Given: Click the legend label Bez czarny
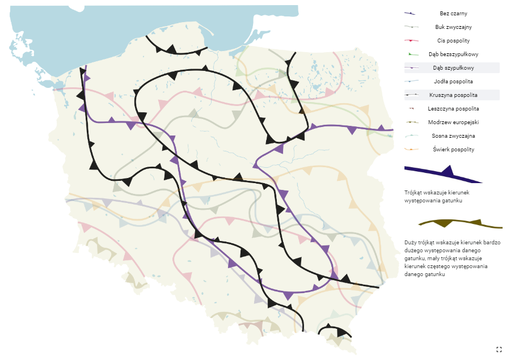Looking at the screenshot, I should click(453, 13).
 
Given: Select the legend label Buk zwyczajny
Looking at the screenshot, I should click(453, 27).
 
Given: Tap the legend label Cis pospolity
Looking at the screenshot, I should click(453, 40).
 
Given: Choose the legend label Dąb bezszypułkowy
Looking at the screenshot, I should click(453, 54).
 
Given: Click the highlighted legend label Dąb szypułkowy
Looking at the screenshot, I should click(453, 67).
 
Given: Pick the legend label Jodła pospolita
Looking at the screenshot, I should click(453, 81).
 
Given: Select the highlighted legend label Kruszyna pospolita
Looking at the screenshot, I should click(453, 95).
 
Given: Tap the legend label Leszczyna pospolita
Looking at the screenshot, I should click(453, 108).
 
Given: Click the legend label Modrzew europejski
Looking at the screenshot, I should click(453, 122).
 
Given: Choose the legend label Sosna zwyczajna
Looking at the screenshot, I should click(453, 135).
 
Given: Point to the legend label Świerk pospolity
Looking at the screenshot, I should click(453, 149).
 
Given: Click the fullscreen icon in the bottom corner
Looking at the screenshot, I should click(499, 349).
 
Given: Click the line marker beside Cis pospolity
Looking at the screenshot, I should click(411, 41).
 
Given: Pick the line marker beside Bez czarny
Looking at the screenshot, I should click(411, 14).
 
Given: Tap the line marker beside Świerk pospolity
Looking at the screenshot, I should click(411, 150).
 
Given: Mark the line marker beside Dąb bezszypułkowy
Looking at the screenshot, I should click(411, 54).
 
